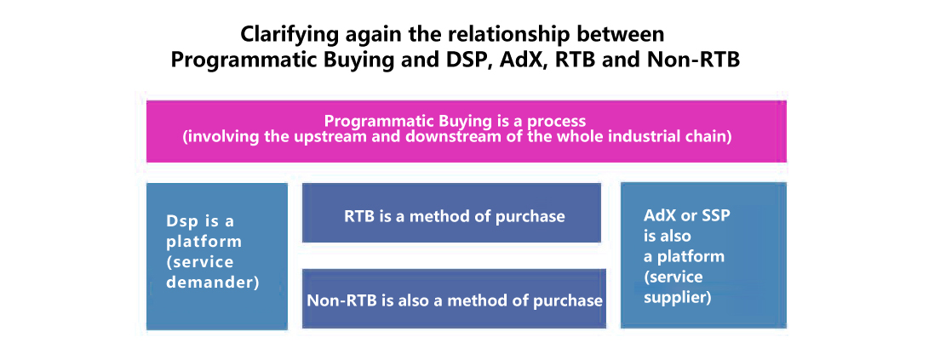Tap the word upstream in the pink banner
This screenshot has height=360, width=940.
click(303, 137)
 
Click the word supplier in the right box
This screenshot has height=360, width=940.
click(677, 298)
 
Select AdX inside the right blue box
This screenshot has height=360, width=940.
click(658, 216)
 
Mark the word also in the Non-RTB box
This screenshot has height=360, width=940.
click(405, 300)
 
